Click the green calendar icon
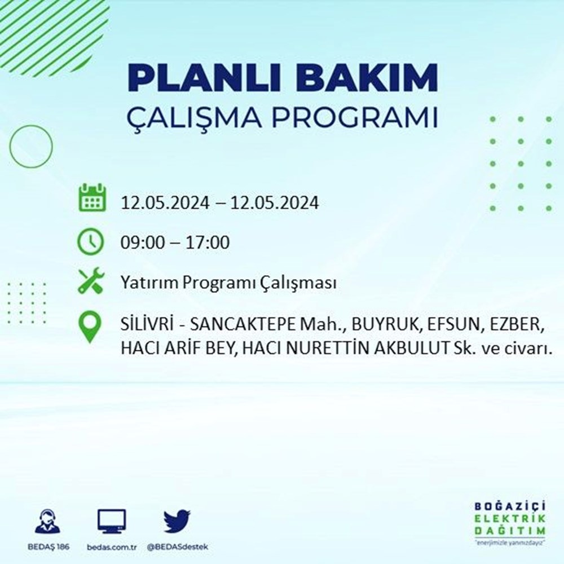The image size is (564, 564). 91,197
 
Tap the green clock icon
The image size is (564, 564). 91,242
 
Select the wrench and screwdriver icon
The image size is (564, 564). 91,281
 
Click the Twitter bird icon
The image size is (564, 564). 177,521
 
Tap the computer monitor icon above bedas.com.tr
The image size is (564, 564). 112,521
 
